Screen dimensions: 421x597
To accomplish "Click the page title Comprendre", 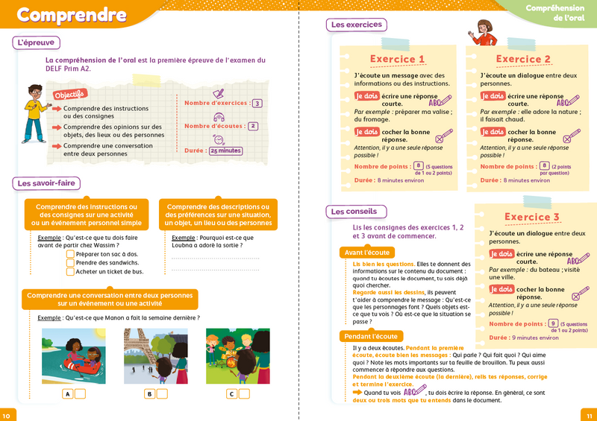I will point(72,15).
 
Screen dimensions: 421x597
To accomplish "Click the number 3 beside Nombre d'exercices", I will point(257,104).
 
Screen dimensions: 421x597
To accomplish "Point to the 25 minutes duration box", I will point(225,151).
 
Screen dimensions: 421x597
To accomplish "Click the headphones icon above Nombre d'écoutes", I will point(219,117).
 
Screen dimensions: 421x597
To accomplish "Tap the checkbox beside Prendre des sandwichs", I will point(70,262).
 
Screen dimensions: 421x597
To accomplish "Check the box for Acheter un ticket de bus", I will point(70,272).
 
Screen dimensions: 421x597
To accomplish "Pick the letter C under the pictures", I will point(232,394).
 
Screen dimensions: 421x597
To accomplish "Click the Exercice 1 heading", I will point(398,60).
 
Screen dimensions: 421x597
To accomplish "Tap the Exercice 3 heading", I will point(532,218).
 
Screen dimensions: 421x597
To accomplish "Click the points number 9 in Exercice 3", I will point(553,323).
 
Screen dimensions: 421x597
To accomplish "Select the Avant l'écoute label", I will point(367,253).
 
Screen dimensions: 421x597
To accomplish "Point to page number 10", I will point(7,415).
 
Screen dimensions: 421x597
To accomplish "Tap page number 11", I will point(588,415).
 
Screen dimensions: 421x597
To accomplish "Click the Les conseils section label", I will point(354,212).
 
